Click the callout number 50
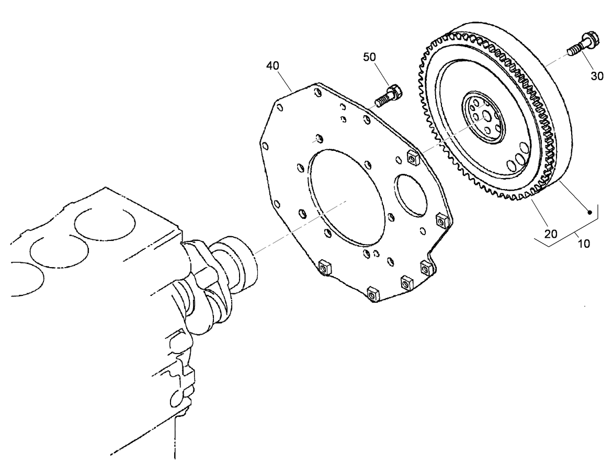click(369, 57)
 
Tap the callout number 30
click(597, 76)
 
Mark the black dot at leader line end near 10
click(589, 212)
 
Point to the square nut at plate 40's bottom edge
click(373, 294)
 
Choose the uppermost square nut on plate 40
click(412, 157)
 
